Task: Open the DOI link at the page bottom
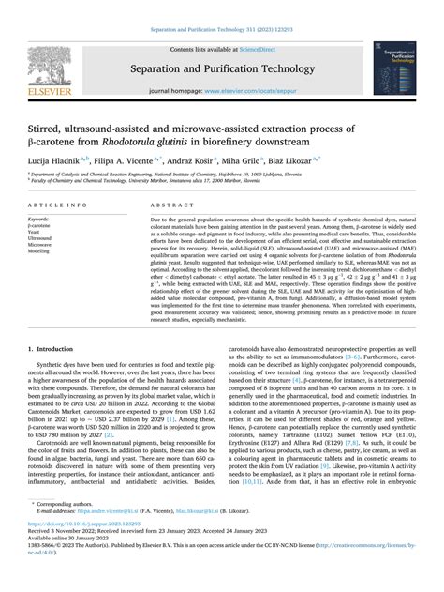point(89,548)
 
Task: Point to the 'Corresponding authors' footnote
point(76,531)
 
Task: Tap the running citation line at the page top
point(222,8)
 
